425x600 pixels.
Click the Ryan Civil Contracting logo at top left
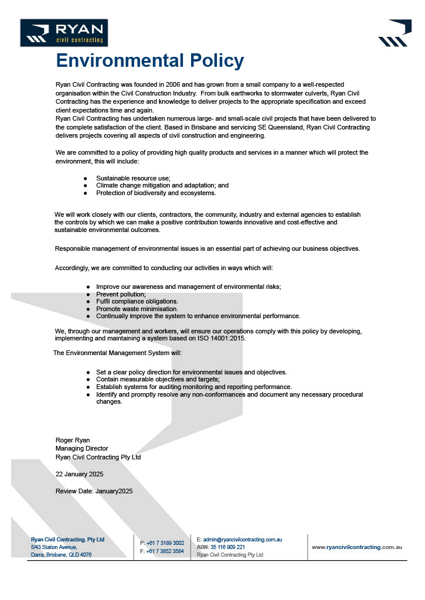point(64,33)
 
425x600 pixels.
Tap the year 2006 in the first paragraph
point(185,85)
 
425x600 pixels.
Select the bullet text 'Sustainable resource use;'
point(133,178)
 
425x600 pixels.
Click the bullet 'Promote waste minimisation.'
point(137,308)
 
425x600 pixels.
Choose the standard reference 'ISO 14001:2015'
point(222,338)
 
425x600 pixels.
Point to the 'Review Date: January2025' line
point(94,491)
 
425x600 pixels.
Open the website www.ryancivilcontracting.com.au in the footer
point(356,547)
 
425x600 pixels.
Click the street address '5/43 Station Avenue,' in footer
point(54,547)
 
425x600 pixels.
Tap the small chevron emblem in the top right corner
point(392,33)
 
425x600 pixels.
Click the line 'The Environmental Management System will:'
point(117,353)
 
